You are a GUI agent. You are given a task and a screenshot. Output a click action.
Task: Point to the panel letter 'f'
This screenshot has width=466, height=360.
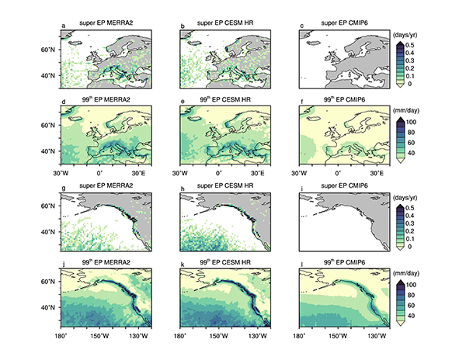301,102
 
